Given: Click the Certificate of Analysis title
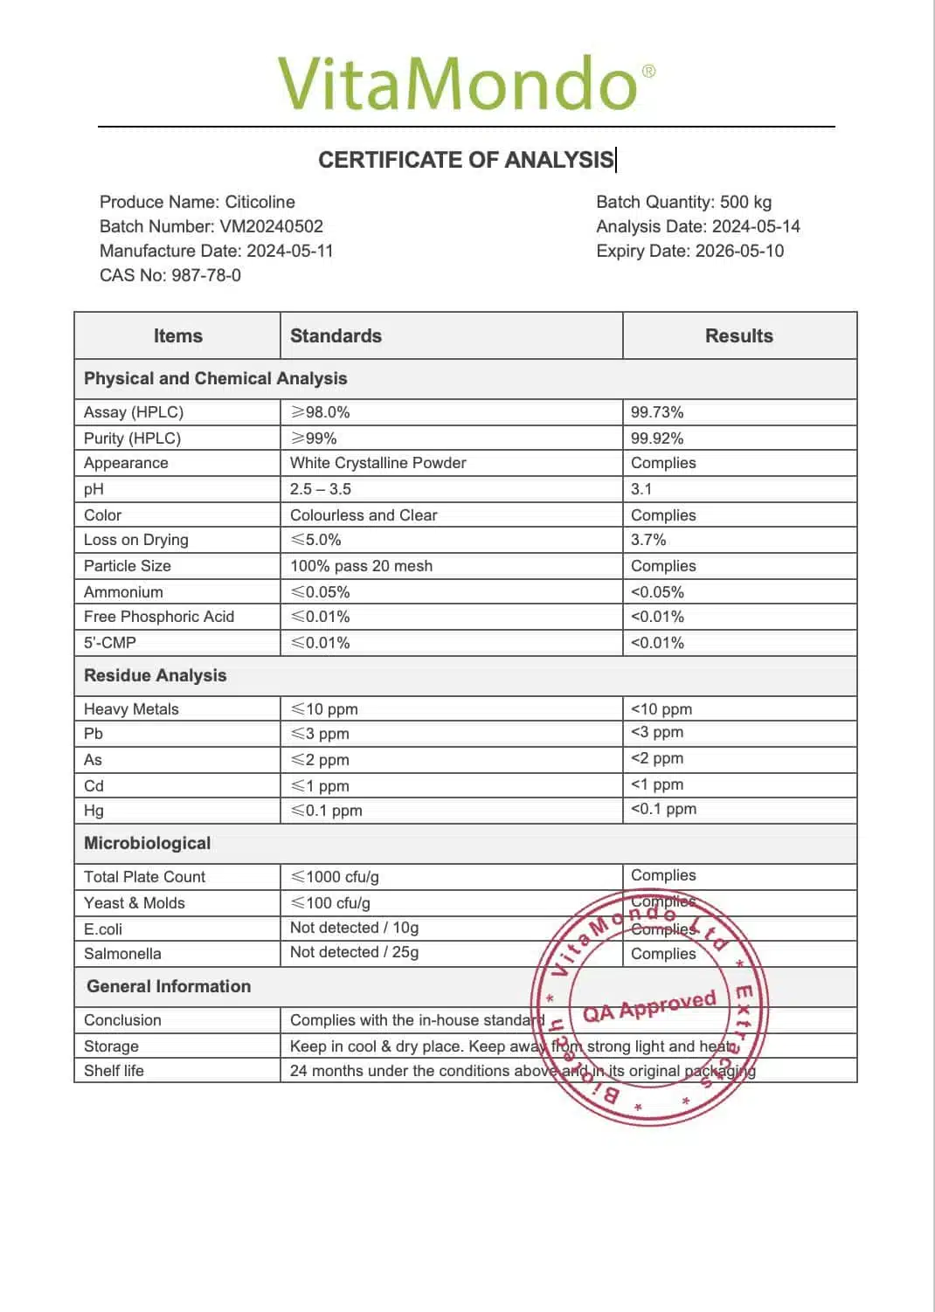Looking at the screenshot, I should [466, 160].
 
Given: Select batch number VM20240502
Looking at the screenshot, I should [271, 226].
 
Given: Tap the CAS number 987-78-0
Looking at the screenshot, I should [206, 275].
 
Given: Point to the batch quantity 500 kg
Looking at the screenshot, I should [745, 202].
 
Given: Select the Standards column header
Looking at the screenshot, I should [336, 336].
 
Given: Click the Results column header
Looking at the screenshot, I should [738, 336].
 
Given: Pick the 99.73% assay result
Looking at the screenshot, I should [657, 412].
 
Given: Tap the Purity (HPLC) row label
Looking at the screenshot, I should [132, 438].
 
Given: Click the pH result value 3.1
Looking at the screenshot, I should [641, 489].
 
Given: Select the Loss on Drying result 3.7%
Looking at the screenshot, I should [648, 540].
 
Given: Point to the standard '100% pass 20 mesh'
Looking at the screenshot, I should [361, 566].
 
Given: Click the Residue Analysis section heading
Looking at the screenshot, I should [155, 675].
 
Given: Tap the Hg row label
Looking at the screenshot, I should [93, 811].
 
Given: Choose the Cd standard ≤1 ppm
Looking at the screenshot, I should [320, 786].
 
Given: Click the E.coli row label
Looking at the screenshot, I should [103, 929].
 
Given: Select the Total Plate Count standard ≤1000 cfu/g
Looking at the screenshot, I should [335, 877].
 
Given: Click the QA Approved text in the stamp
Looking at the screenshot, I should [649, 1006].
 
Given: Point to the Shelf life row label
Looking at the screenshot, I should [114, 1071].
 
